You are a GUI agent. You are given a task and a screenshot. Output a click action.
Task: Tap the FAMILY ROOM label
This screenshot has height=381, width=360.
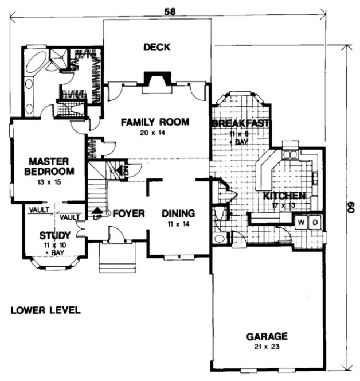(155, 122)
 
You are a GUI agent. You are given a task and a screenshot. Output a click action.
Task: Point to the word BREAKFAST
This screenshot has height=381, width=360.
(241, 124)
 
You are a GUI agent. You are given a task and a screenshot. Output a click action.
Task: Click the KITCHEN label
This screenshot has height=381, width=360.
(284, 196)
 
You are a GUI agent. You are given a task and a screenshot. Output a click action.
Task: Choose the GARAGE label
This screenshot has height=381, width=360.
(267, 336)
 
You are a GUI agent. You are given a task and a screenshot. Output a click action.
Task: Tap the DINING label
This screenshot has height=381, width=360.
(178, 213)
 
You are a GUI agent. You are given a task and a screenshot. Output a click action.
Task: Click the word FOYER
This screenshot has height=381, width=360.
(128, 213)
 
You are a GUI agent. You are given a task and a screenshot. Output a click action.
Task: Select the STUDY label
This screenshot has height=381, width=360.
(55, 235)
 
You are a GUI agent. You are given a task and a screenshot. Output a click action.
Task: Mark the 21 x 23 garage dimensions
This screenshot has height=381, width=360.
(267, 347)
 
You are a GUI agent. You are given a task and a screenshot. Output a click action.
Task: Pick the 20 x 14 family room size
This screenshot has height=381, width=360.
(155, 133)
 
